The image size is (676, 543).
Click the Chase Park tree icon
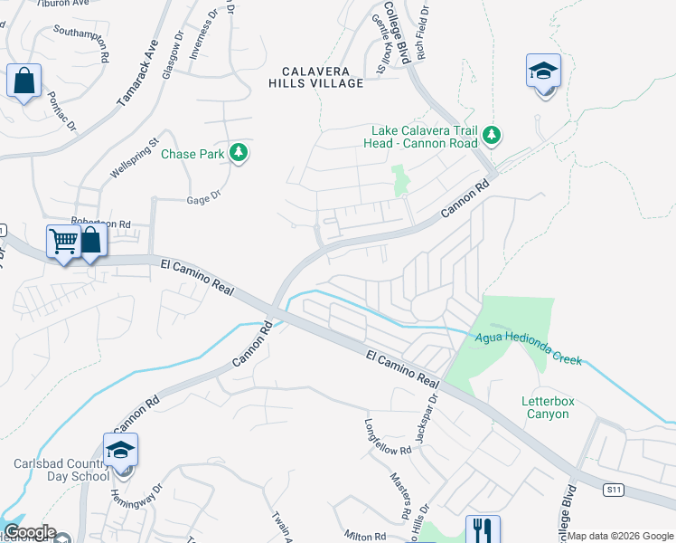(239, 153)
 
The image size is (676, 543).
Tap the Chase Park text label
(192, 154)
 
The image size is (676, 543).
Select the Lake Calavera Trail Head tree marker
(491, 136)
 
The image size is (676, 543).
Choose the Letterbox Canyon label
(547, 407)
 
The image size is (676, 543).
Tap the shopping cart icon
(64, 243)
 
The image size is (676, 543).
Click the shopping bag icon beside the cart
(91, 242)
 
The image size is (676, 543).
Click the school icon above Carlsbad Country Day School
(120, 450)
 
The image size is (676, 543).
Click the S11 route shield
(615, 490)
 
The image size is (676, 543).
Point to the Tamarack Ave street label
(137, 74)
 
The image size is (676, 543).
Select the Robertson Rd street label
(101, 223)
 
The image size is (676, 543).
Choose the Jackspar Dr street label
(425, 418)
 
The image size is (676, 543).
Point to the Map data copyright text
(620, 536)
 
